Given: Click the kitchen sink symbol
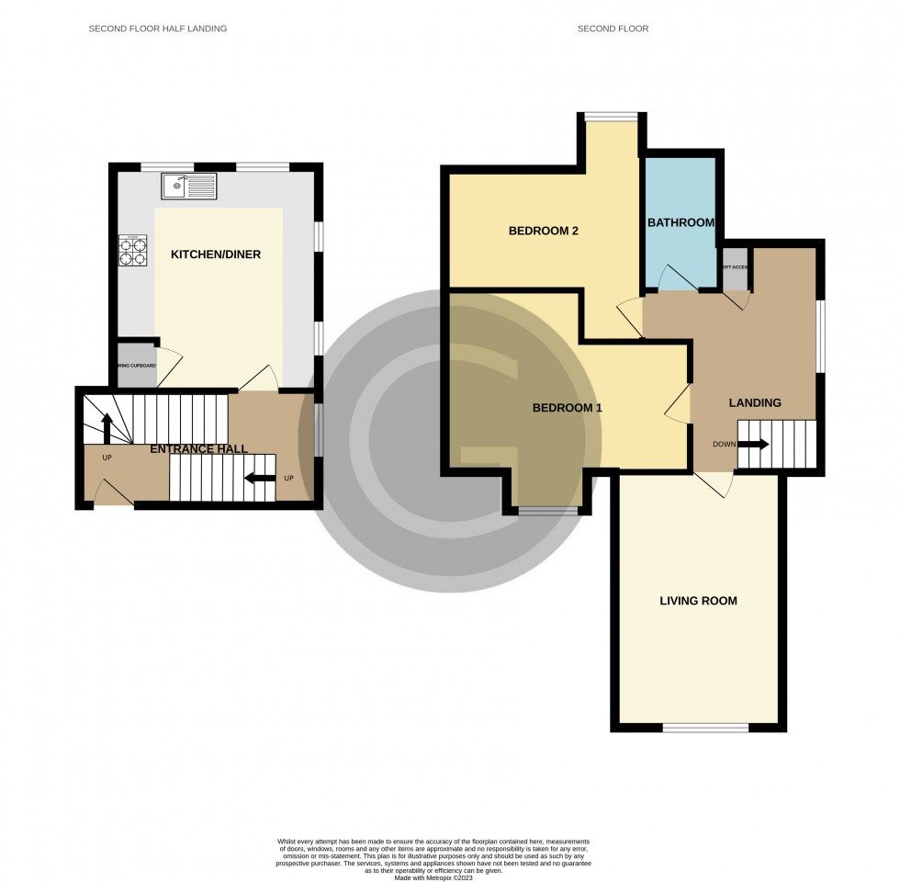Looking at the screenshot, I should pos(188,187).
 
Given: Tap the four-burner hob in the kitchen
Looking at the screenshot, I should pos(132,251).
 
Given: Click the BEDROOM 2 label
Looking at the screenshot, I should pos(543,232).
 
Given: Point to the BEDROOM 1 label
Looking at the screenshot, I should pos(567,407).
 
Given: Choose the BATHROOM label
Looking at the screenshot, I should pos(681,223).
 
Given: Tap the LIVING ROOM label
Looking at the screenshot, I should pos(698,601).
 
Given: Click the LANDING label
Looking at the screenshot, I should pos(755,402).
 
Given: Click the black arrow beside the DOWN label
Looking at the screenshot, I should pos(753,445).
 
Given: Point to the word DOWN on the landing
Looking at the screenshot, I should pos(724,445).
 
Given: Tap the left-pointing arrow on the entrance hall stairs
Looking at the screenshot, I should pos(262,478).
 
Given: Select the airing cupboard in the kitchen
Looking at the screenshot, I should pos(136,366).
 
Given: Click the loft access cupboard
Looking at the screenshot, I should pos(736,268).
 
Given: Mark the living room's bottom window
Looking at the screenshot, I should pos(705,728).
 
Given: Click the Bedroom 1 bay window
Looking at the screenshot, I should pos(546,510).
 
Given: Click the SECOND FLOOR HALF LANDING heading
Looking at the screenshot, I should pos(157,28).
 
